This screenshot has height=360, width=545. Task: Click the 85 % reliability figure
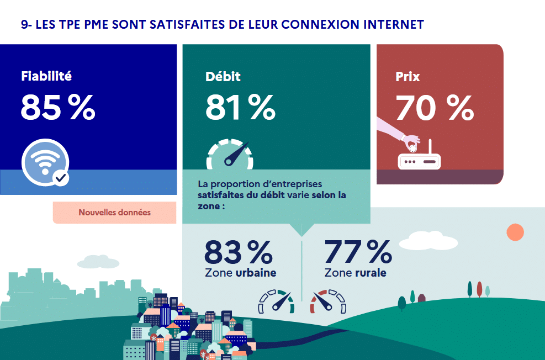point(58,108)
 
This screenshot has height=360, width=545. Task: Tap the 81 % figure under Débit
point(240,108)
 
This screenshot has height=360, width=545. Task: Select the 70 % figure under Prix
point(435,108)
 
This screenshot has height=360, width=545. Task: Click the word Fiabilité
point(46,76)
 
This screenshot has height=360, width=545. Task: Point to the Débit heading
point(223,76)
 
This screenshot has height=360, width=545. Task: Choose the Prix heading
point(408,76)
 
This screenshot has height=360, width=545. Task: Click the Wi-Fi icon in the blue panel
point(45,162)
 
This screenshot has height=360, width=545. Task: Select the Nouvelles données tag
point(114,213)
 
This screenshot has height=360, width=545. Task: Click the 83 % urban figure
point(238,252)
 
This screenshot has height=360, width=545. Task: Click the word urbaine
point(256,273)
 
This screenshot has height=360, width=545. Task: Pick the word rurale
point(371,273)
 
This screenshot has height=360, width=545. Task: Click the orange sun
point(515,232)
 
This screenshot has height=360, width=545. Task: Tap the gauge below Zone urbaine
point(277,301)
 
